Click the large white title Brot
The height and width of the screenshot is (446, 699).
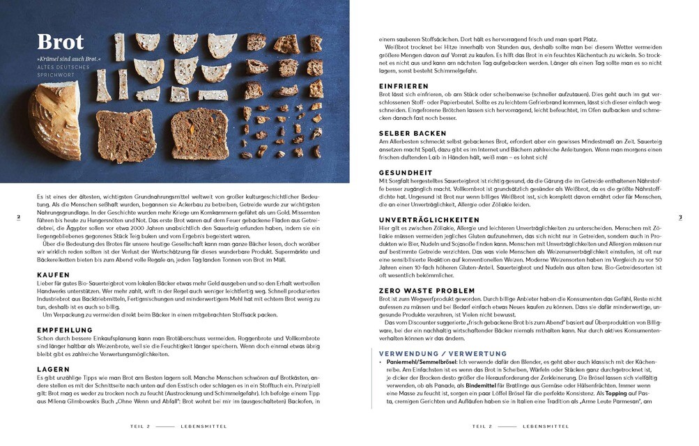coord(61,43)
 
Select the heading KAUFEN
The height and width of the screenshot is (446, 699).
coord(53,275)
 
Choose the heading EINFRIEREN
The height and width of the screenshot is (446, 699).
coord(404,86)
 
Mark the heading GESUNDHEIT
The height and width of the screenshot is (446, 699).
coord(406,172)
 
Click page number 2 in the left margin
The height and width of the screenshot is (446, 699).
coord(18,217)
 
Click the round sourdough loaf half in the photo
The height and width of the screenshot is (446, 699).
coord(53,121)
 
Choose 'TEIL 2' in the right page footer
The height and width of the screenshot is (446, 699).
coord(482,426)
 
